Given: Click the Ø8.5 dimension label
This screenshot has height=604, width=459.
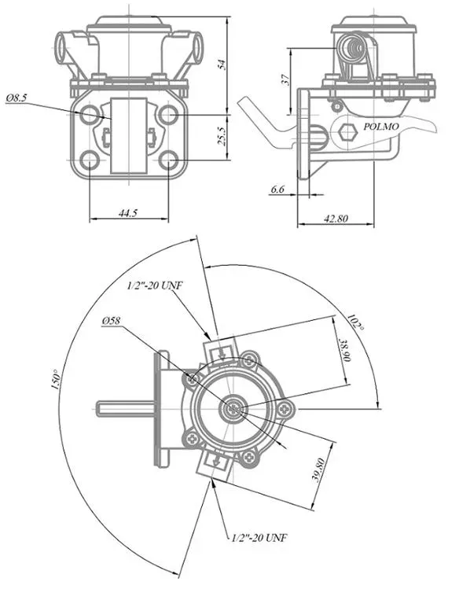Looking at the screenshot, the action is point(17,98).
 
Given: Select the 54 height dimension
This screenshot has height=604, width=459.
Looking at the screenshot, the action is point(222,64).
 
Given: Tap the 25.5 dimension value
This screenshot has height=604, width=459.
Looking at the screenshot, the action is point(222,135).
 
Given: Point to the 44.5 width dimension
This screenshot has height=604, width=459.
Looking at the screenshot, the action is point(128,213).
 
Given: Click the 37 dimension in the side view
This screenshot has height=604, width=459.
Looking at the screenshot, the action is point(285,79).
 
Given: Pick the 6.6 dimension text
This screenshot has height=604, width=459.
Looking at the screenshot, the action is point(277,189).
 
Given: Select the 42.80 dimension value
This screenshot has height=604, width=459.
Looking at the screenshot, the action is point(336,219).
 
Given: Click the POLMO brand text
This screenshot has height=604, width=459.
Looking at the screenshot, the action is point(381,127).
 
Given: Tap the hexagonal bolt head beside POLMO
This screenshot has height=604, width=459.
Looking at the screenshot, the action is point(347,132).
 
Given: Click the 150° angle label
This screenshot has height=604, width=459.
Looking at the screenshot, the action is point(57,379).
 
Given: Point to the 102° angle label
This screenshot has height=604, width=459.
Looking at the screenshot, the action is point(356,322).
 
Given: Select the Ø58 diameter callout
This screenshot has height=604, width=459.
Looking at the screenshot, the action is point(112,321).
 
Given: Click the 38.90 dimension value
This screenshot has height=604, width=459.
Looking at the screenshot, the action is point(344,350).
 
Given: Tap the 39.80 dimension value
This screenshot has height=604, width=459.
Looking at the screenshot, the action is point(319,470).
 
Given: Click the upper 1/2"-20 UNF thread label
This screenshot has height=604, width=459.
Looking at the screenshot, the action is point(155,285).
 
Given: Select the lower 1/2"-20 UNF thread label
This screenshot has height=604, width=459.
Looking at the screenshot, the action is point(259,537).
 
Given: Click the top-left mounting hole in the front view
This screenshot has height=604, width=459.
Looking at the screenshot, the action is point(90,114).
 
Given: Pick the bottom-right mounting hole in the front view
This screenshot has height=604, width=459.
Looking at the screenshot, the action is point(169,160).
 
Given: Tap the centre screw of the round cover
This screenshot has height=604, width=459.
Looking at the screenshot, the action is point(233,409).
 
